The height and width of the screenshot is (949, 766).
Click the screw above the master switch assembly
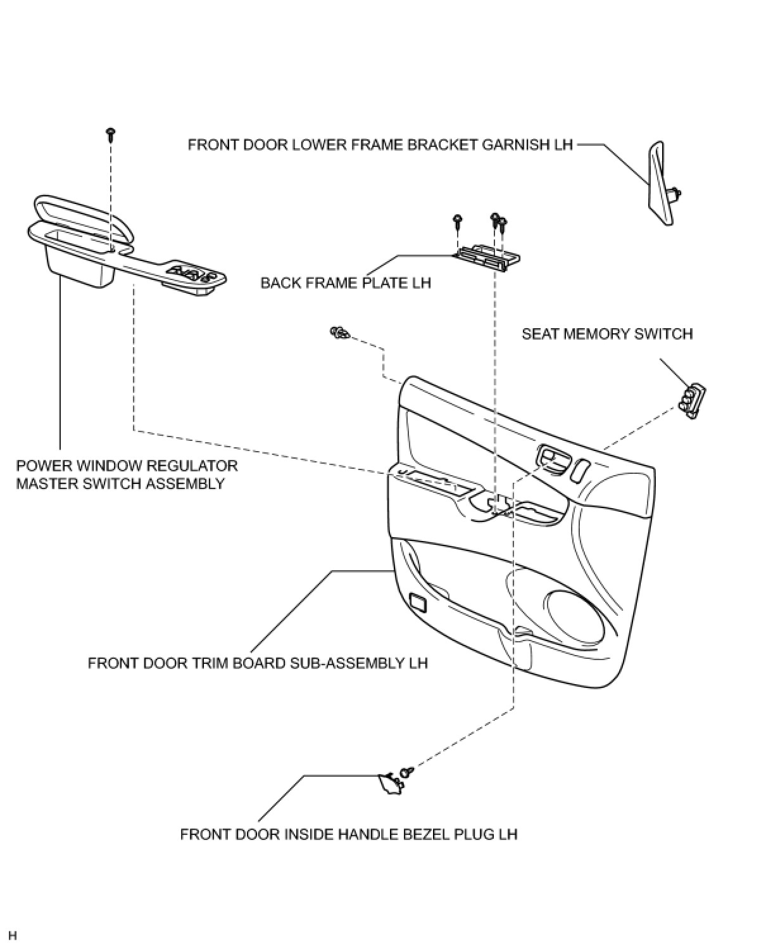(x=111, y=134)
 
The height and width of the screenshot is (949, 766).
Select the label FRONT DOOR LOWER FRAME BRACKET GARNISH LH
(x=380, y=144)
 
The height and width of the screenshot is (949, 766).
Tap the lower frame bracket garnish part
(x=659, y=183)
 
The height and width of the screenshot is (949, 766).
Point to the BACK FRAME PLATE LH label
(x=346, y=283)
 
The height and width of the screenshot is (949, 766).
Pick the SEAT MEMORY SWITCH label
(x=606, y=334)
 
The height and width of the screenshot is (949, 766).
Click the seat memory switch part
(x=693, y=401)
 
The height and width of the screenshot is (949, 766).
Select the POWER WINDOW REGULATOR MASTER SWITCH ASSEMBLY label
(x=127, y=475)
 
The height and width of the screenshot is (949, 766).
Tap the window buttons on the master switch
(x=190, y=274)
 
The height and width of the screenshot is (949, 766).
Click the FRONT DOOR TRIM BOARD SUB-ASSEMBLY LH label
(x=258, y=663)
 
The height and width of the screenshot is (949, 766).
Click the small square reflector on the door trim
(x=418, y=602)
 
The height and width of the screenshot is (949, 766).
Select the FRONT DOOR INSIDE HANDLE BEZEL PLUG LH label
(x=349, y=834)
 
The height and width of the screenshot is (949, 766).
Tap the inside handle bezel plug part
(x=389, y=783)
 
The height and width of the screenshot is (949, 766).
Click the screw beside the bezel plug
(x=408, y=772)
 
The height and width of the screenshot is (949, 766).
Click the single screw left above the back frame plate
(x=456, y=221)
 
